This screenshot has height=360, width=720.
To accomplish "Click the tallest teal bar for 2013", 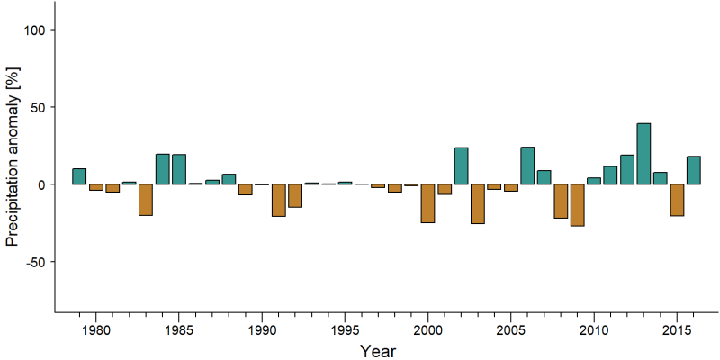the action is (643, 154).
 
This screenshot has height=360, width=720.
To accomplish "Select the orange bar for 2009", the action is (577, 205).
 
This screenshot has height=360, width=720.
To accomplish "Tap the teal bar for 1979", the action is (79, 176).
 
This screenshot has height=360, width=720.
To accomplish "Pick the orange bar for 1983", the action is (146, 200).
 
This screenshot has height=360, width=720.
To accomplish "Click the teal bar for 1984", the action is (163, 169).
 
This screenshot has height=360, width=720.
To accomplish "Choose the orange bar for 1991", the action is (279, 200).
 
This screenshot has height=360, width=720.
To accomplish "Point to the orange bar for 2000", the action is (428, 203).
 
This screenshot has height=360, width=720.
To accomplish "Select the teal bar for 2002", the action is (461, 166).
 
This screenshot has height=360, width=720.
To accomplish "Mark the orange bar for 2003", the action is (478, 204).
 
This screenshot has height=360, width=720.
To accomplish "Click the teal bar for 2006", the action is (527, 166).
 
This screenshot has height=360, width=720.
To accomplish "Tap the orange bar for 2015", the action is (677, 200).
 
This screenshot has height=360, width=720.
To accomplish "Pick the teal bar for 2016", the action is (693, 170).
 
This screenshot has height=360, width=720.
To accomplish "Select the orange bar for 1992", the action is (295, 195).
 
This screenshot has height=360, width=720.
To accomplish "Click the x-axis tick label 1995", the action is (345, 329).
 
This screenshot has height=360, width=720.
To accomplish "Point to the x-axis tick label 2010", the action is (594, 329).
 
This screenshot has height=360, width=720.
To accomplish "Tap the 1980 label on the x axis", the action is (95, 329).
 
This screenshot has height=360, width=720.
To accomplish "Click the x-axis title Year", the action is (377, 351).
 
